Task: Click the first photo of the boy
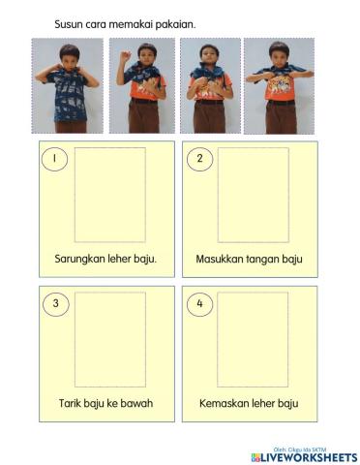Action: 67,86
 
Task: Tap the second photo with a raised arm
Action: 140,86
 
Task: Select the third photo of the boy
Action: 210,86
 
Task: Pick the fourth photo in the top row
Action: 281,86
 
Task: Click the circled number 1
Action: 55,159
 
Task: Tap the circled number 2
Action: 198,159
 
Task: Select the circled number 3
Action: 55,304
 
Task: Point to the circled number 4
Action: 198,304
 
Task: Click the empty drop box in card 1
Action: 110,195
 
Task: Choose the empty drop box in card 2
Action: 253,195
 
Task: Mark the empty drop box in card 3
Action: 110,340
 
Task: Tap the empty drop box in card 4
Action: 253,340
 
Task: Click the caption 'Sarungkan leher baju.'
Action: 105,259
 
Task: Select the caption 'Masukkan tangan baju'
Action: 249,259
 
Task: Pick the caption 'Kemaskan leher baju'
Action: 249,403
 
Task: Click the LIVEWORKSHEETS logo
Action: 303,456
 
